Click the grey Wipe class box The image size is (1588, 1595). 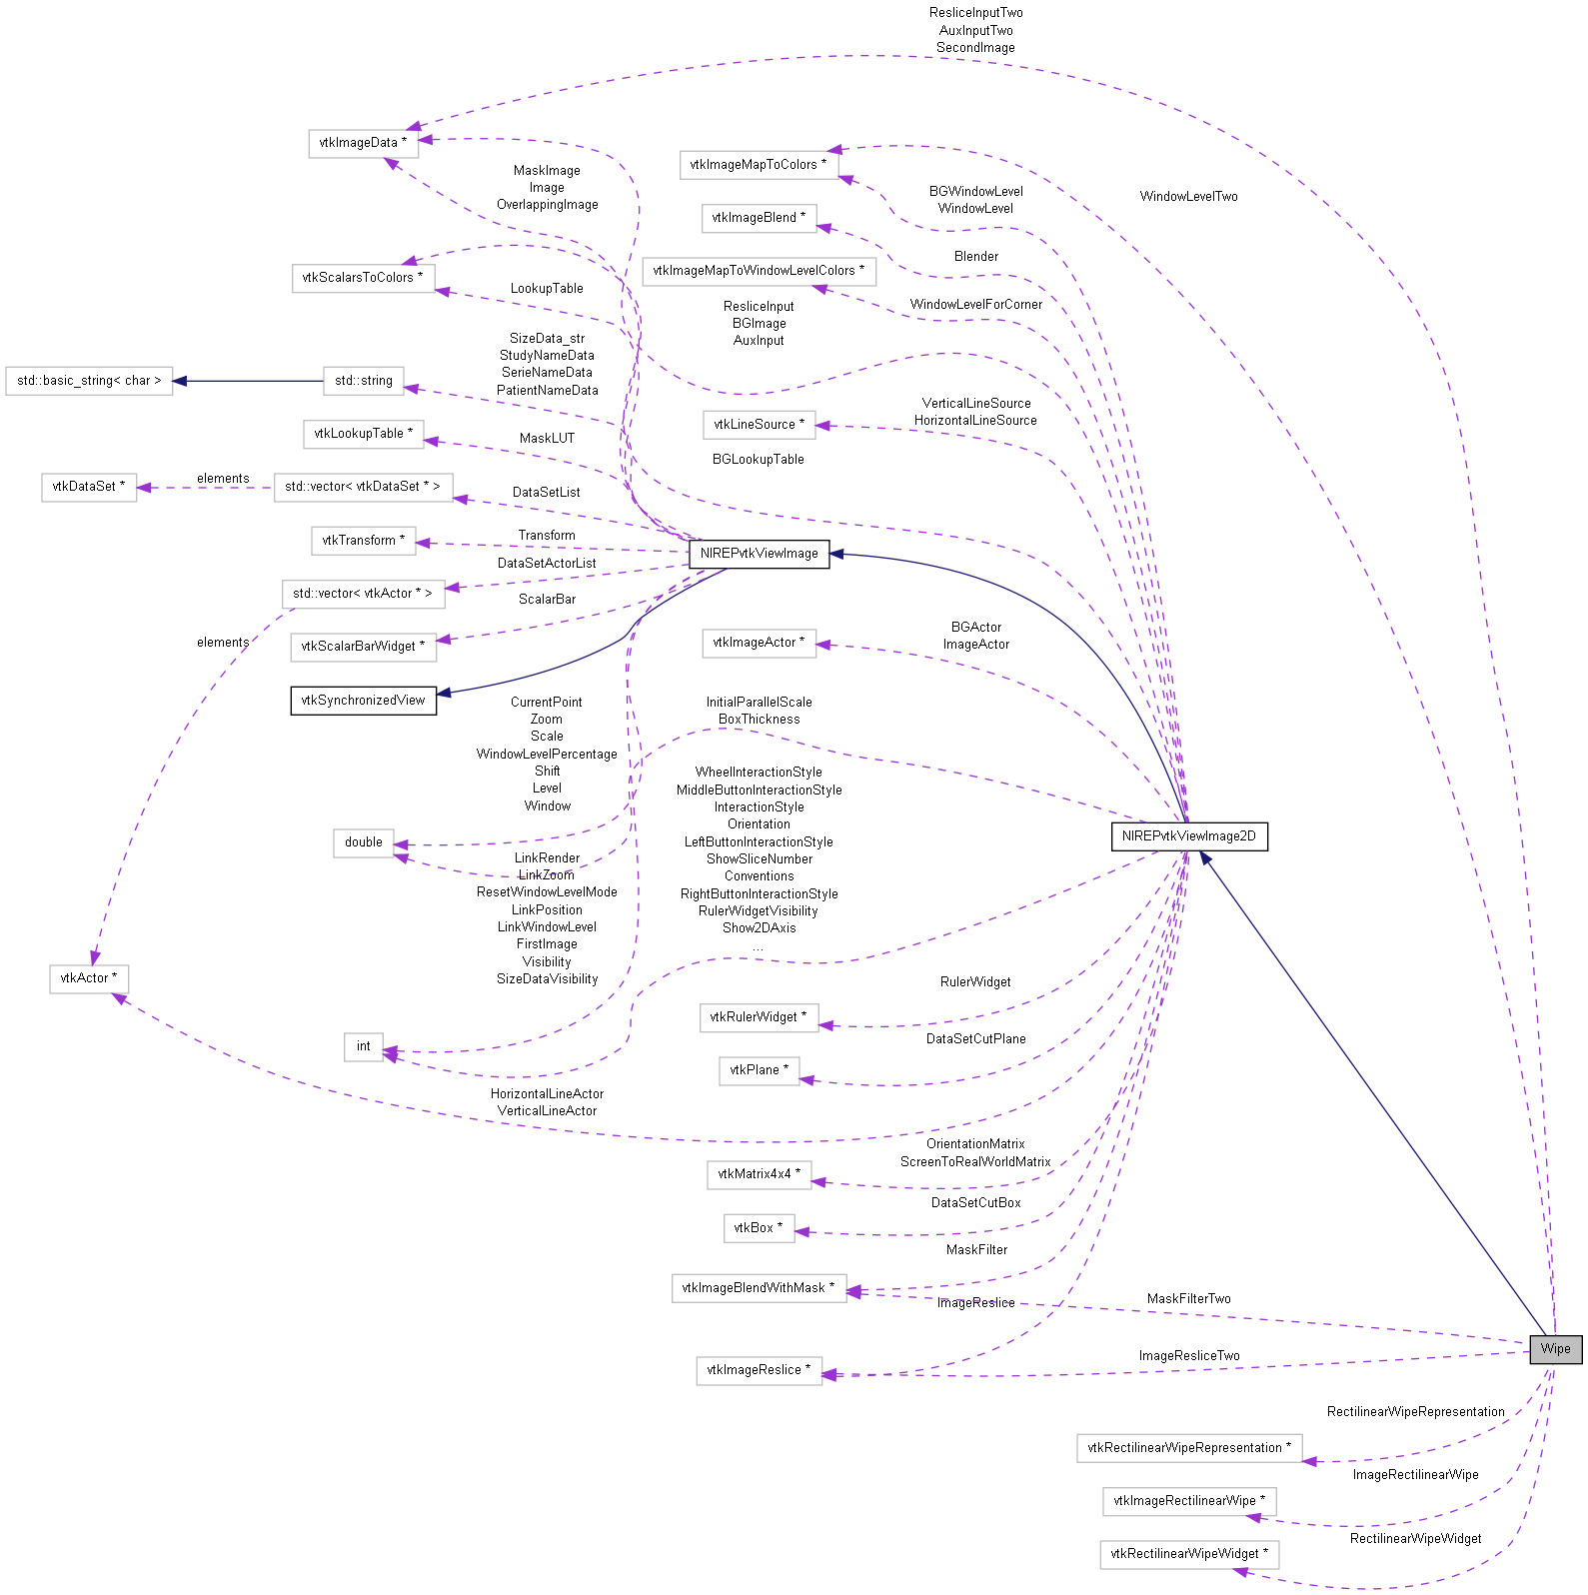click(1555, 1349)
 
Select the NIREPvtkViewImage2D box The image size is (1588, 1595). click(1188, 836)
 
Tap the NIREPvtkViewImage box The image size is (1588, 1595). click(759, 554)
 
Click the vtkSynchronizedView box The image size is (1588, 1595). click(363, 701)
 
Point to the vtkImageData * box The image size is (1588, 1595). click(363, 143)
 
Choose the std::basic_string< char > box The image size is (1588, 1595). click(89, 381)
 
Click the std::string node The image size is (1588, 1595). click(364, 381)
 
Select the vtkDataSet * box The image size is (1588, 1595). click(89, 487)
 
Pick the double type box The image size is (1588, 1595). click(364, 842)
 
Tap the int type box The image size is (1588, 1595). click(364, 1046)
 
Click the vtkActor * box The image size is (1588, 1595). click(89, 978)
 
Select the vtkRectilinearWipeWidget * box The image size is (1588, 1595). click(1189, 1554)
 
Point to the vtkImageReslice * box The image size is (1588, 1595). click(759, 1370)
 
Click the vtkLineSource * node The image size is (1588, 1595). click(759, 425)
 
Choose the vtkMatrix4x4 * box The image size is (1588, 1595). click(759, 1174)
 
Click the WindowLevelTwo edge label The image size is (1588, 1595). click(1188, 197)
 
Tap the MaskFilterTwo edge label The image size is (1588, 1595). click(1188, 1299)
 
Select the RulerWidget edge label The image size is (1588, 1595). click(975, 982)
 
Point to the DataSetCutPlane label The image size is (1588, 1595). click(975, 1039)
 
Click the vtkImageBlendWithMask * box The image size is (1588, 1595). click(759, 1288)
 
